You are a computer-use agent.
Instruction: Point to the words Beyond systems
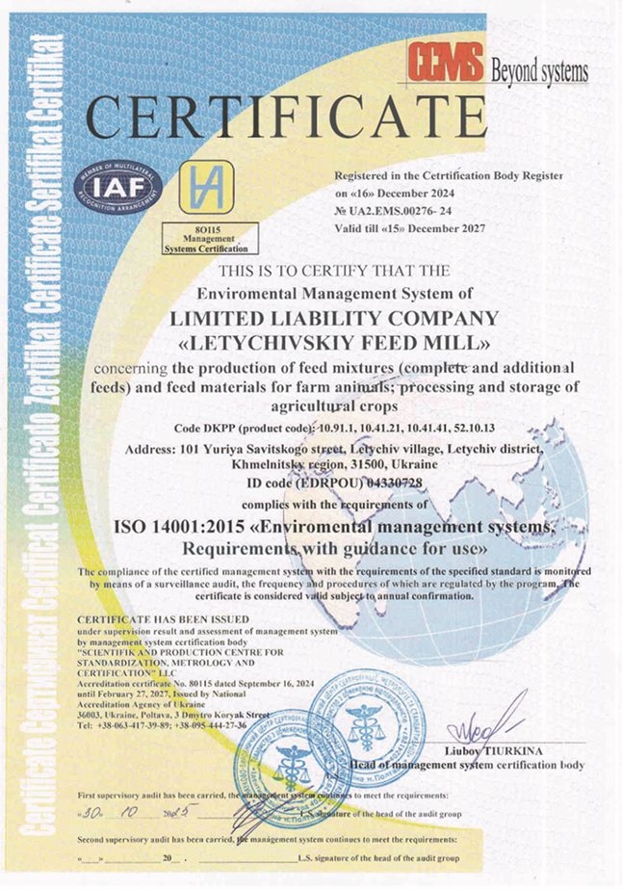coord(539,70)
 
